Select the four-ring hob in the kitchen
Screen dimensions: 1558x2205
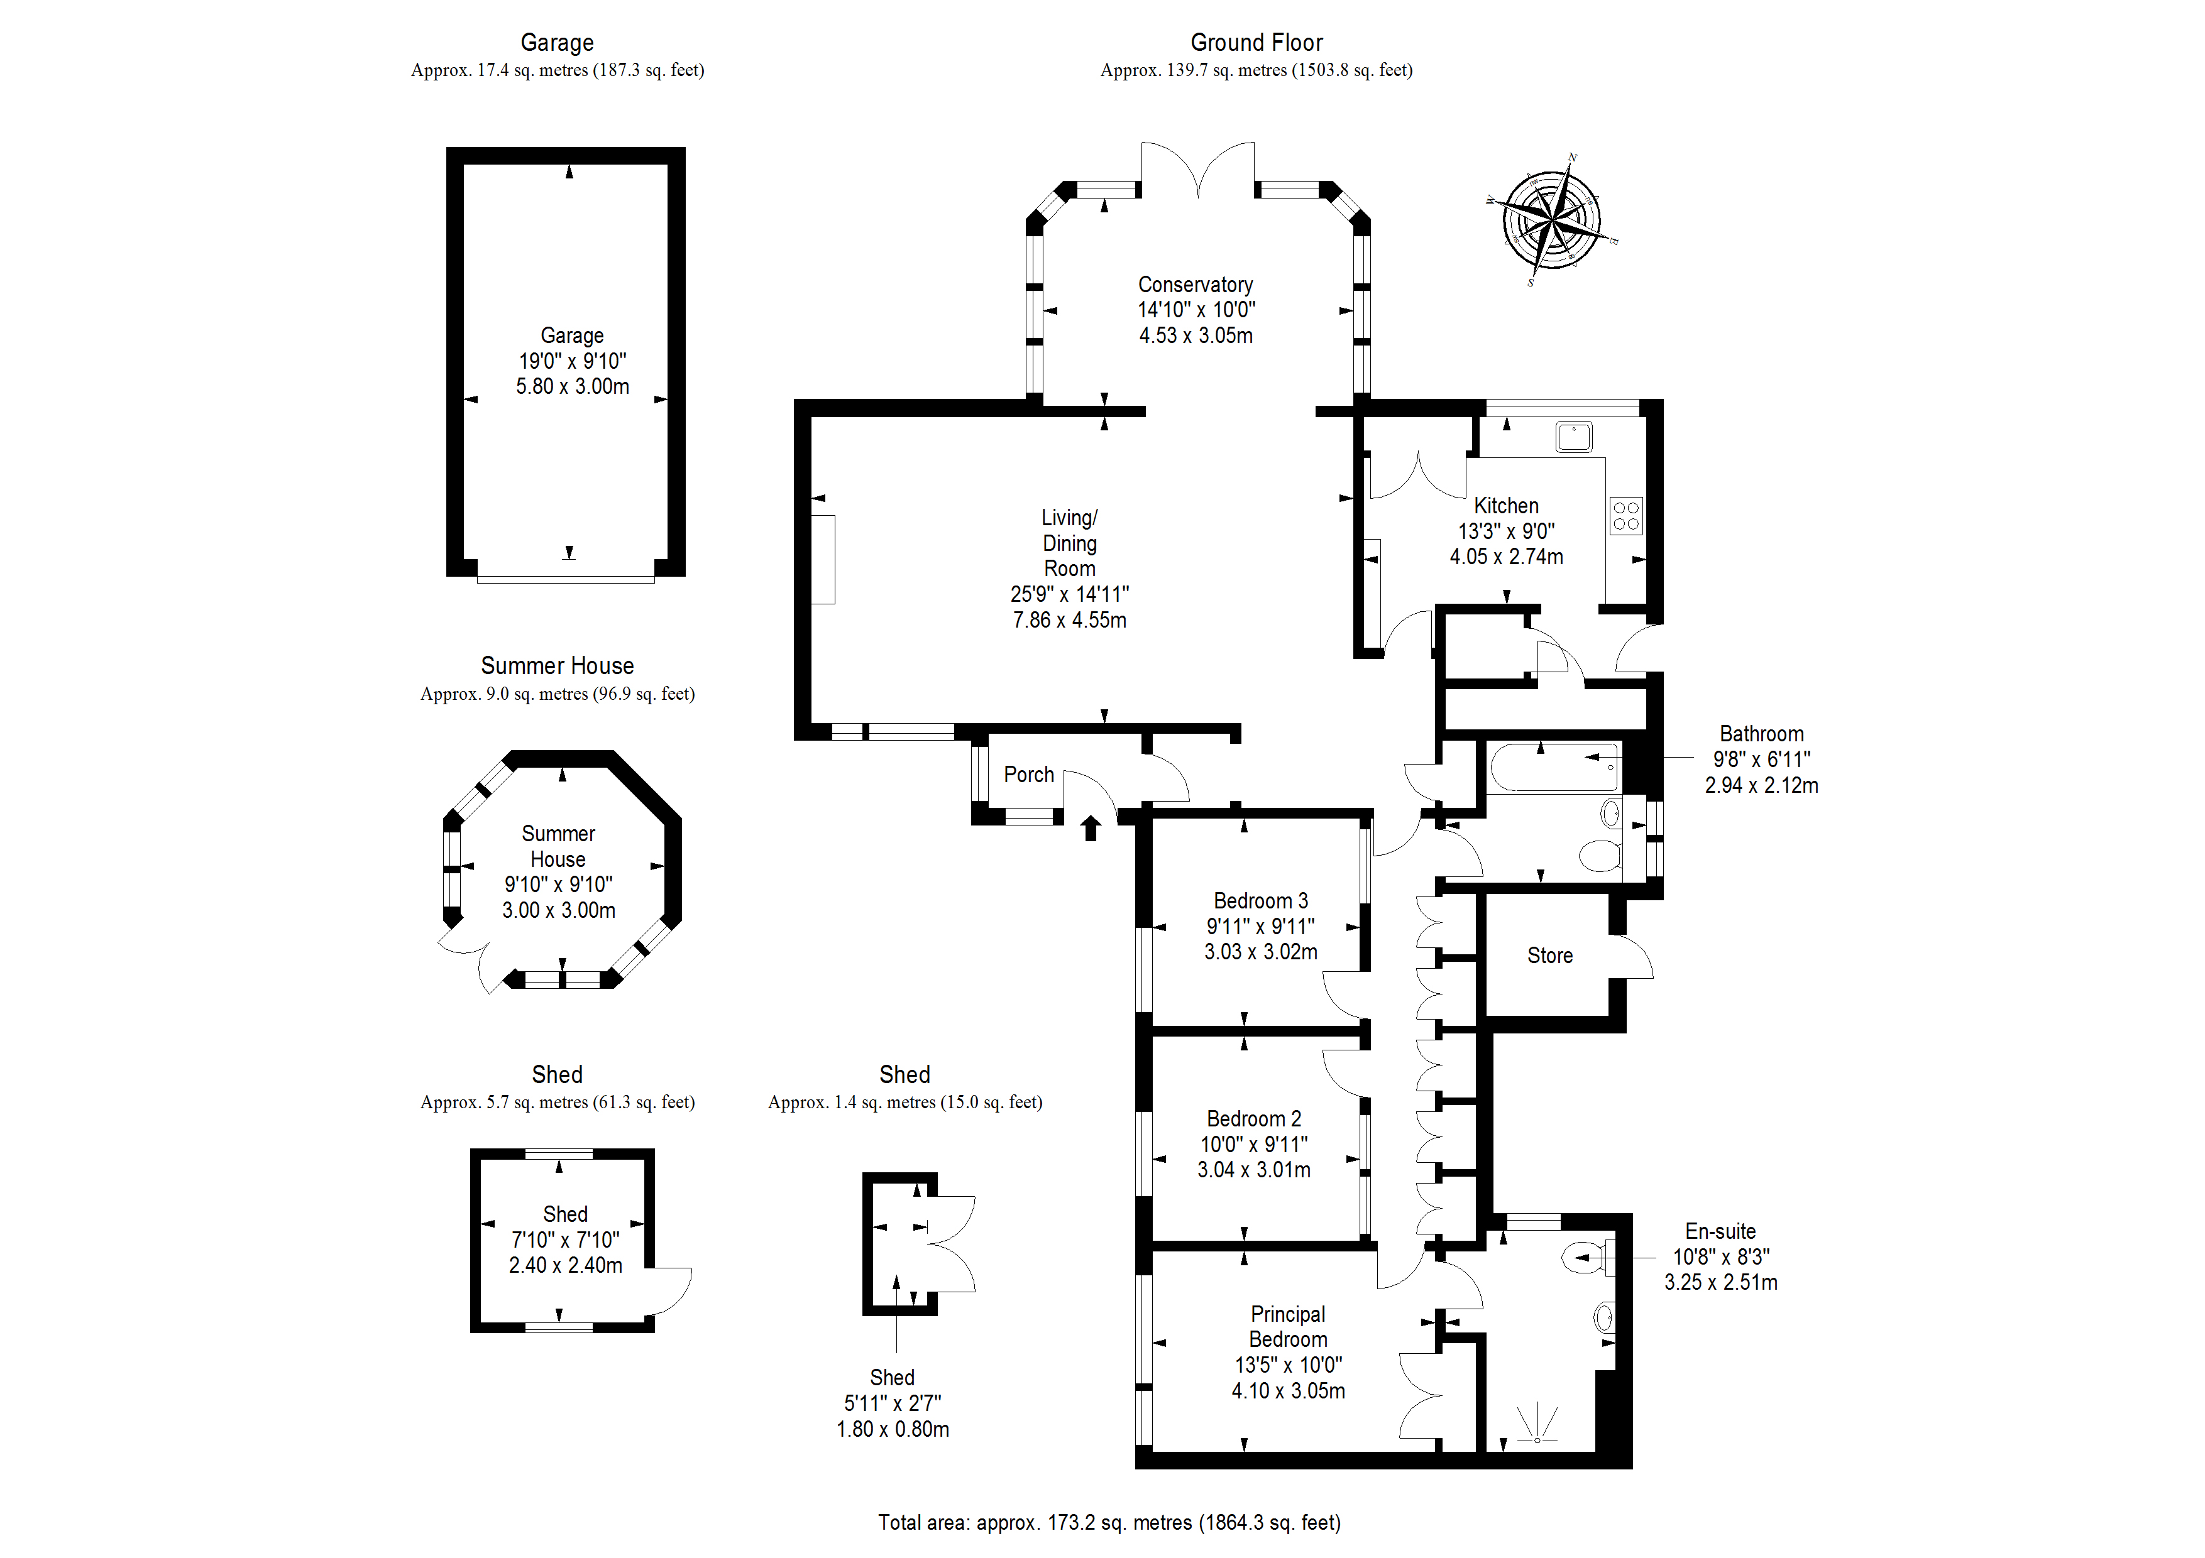(1626, 516)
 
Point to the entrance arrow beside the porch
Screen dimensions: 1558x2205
(1090, 827)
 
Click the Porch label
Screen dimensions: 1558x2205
(1028, 775)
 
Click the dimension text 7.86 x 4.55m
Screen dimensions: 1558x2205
(1069, 620)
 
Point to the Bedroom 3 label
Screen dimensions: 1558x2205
(1260, 900)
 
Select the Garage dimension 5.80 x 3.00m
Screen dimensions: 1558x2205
(573, 386)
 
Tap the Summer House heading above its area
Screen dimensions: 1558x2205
(557, 665)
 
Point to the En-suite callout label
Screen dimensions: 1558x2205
(1719, 1231)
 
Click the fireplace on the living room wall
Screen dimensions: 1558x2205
(823, 560)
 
